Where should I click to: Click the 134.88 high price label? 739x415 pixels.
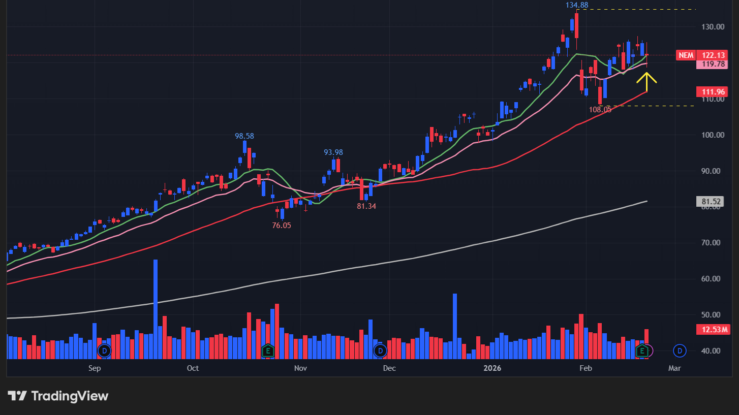pos(577,5)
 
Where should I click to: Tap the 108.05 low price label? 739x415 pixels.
pos(600,109)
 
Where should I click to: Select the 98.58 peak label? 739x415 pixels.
pos(244,136)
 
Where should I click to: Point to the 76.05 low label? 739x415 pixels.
pos(282,226)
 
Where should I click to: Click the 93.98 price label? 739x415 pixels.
pos(333,152)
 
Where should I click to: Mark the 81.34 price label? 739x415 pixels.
pos(366,206)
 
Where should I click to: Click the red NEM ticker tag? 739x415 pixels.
pos(686,55)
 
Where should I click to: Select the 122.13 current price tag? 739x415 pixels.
pos(713,55)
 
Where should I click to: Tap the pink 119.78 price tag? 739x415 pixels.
pos(713,64)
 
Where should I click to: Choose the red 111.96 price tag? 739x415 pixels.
pos(713,92)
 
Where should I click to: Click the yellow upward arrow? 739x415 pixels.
pos(646,81)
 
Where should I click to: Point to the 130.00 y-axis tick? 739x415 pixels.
pos(713,27)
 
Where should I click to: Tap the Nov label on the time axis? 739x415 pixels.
pos(300,368)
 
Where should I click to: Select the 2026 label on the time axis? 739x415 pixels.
pos(492,368)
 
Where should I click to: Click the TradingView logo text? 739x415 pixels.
pos(70,396)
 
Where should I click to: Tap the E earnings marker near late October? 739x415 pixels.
pos(268,350)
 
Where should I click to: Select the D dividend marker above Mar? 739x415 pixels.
pos(680,350)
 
